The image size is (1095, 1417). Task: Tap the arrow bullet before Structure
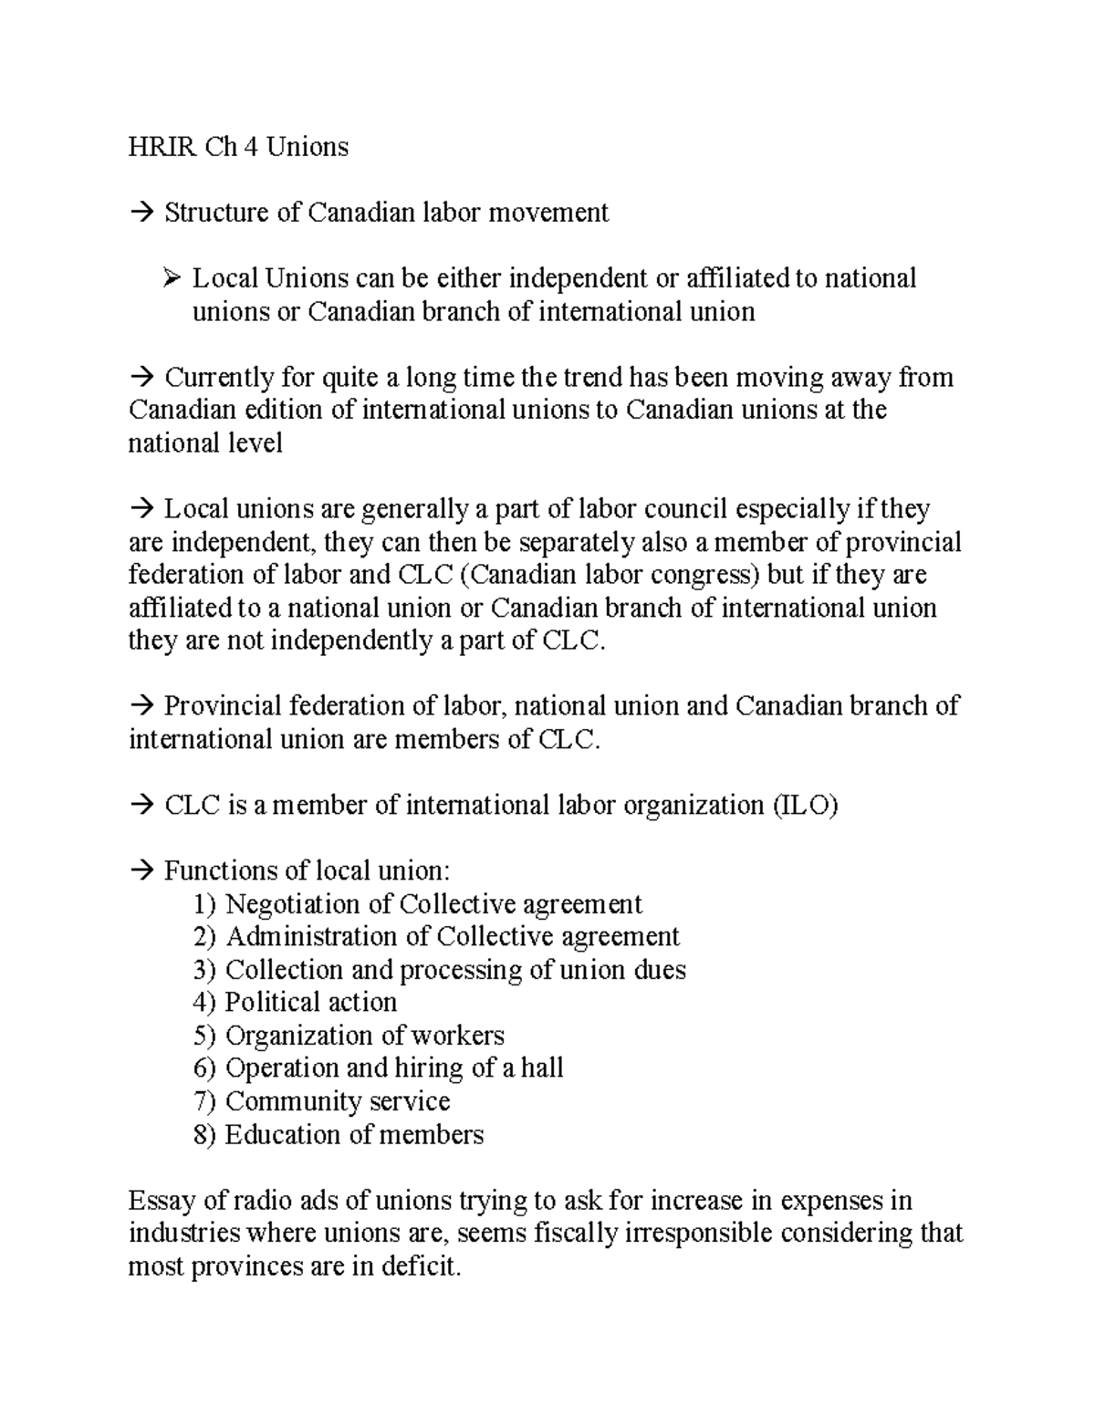142,214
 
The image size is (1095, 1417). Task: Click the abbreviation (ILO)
804,806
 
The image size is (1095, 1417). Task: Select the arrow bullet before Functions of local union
142,871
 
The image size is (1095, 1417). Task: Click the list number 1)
205,904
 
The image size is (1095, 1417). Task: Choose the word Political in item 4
269,1003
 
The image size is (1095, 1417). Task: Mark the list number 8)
205,1135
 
